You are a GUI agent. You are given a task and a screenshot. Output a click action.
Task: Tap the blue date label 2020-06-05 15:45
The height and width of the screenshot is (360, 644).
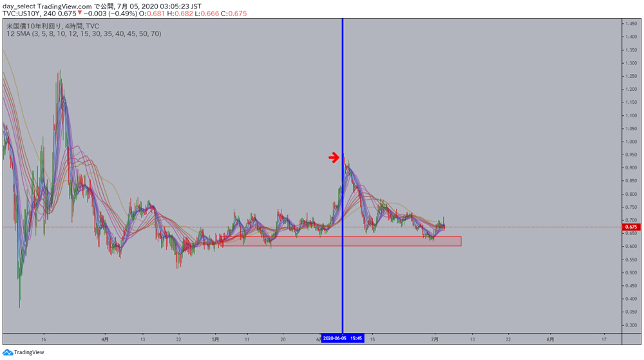343,337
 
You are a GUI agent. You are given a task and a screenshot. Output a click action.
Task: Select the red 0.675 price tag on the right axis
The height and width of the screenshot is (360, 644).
630,227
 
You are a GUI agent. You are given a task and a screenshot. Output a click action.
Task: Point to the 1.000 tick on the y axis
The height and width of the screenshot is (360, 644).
630,142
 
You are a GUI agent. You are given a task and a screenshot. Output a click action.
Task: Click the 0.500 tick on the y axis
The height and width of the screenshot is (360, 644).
630,272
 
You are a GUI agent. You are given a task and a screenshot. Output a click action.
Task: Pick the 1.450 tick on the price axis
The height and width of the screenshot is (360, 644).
630,24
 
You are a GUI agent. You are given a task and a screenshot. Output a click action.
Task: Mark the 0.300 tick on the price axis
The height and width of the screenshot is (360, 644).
630,325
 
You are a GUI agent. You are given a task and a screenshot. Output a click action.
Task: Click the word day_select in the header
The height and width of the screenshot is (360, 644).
18,6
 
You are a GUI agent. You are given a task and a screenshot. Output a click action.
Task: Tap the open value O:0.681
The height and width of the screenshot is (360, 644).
151,14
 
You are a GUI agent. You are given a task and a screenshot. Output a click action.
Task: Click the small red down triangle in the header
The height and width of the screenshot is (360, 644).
79,14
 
